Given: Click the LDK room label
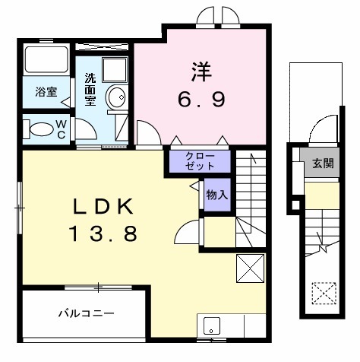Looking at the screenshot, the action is (103, 207).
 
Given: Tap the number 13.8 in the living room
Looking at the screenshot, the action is (103, 233).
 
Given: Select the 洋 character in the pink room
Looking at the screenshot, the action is (201, 71).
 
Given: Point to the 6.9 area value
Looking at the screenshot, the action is (201, 100).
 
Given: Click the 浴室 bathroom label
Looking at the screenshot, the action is (46, 92).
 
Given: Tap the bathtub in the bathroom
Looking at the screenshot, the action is (46, 59).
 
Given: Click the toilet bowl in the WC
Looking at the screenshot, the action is (41, 129).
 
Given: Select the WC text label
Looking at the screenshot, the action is (62, 130).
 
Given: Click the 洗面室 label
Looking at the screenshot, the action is (90, 90).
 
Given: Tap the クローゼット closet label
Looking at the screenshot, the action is (200, 161).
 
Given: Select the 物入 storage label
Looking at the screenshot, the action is (217, 195).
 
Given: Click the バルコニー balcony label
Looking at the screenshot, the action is (87, 313).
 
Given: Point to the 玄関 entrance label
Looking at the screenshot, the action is (323, 164).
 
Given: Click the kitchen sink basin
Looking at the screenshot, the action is (212, 325).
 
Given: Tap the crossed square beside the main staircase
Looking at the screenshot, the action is (250, 268).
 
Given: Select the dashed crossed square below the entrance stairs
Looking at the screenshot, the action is (324, 294).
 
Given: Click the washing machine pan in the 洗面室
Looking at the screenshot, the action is (115, 69).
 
